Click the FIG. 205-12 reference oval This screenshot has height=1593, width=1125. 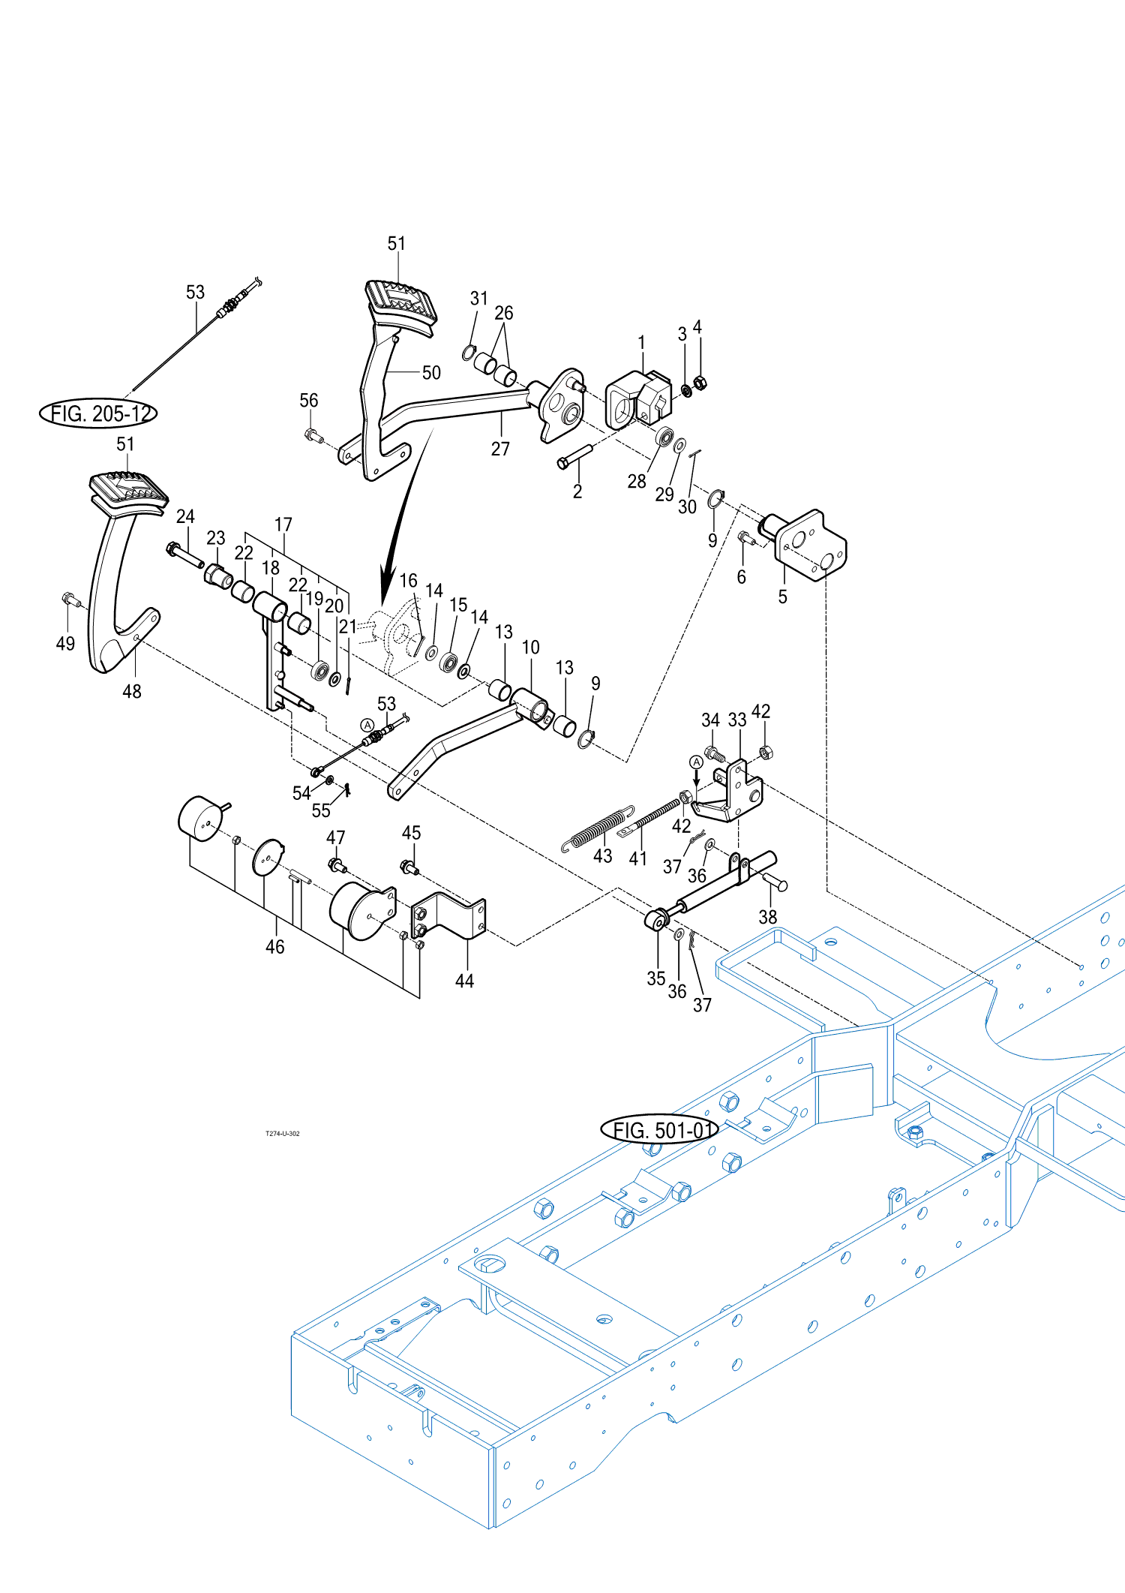pos(98,413)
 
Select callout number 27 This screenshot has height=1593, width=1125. pos(500,449)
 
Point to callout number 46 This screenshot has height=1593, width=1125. pos(275,947)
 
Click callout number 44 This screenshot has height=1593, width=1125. pos(464,981)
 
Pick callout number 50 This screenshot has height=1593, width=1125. pos(431,373)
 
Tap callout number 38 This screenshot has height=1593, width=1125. pos(767,917)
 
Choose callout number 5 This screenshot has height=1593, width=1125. pos(782,597)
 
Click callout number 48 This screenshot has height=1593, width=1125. pos(132,691)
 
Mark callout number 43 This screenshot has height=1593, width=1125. pos(603,856)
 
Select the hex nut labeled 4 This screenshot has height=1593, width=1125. pos(699,383)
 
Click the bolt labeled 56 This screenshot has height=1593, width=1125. pos(311,434)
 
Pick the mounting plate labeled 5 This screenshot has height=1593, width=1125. pos(811,546)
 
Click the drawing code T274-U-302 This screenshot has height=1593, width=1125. pos(282,1133)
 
